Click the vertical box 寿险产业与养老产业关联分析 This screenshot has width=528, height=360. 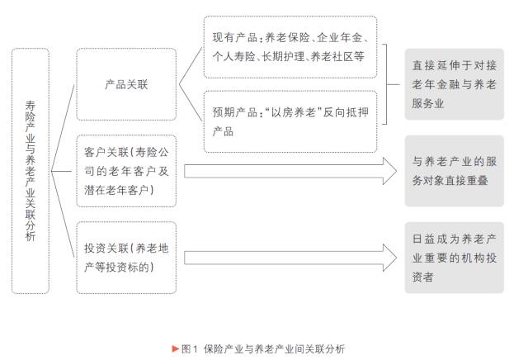[x=31, y=170]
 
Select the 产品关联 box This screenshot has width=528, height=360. [x=126, y=84]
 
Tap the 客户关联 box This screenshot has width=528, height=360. [x=126, y=171]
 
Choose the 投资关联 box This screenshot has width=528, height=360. [x=126, y=257]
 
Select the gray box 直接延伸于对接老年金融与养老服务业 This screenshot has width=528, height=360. [x=454, y=84]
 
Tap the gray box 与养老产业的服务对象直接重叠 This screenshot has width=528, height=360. [x=454, y=171]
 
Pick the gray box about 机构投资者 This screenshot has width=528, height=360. [x=454, y=257]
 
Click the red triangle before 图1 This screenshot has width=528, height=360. [x=175, y=348]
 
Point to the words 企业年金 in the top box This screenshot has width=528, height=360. [x=341, y=38]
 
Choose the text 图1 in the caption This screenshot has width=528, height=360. [x=188, y=348]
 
